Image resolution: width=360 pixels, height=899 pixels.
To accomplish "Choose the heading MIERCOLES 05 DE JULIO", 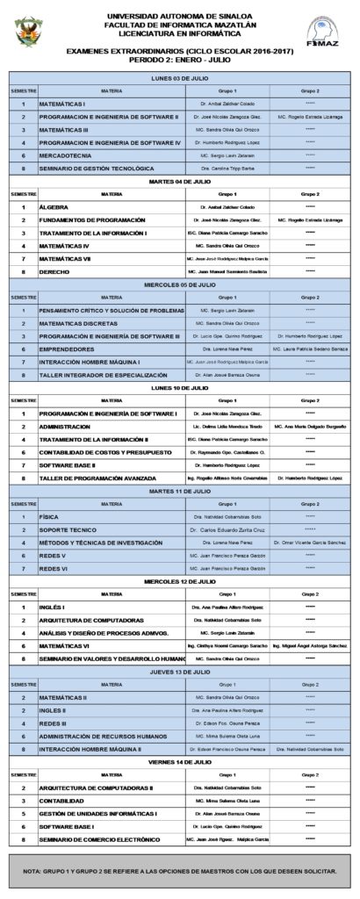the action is click(x=179, y=284).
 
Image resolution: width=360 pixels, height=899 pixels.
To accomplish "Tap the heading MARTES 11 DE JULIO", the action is click(x=179, y=490).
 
